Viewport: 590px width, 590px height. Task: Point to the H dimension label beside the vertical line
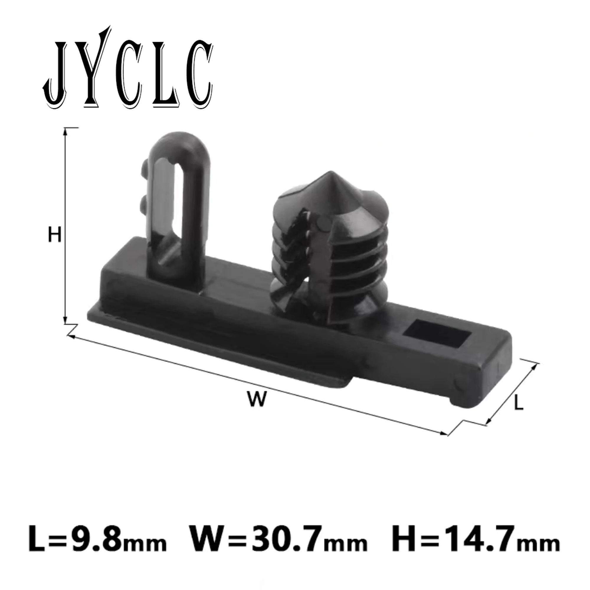[55, 236]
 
